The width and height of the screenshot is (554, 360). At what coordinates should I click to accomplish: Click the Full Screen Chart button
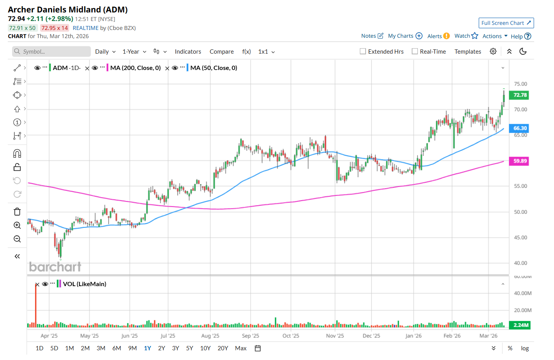click(x=506, y=23)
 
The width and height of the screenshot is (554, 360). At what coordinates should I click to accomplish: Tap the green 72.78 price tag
click(x=519, y=95)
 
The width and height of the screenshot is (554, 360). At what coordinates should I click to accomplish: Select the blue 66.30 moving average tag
click(x=519, y=128)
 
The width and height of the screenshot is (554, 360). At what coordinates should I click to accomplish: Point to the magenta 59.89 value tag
click(x=519, y=161)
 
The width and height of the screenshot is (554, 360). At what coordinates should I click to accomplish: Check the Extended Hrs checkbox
click(x=363, y=51)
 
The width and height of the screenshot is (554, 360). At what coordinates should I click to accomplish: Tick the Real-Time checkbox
click(x=415, y=51)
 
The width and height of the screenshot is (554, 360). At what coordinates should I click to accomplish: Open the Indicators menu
click(x=188, y=52)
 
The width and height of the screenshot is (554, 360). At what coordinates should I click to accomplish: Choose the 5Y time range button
click(x=189, y=348)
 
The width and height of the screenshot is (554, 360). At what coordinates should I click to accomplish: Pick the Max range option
click(x=241, y=348)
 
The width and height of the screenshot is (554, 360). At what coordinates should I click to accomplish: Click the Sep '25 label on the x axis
click(x=250, y=336)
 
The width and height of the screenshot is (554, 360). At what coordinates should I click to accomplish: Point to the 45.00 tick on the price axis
click(x=520, y=238)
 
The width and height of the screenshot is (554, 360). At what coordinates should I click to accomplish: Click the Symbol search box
click(x=52, y=51)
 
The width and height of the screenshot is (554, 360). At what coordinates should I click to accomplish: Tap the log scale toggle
click(x=525, y=348)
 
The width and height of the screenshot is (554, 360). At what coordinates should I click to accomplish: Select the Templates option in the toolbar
click(x=468, y=52)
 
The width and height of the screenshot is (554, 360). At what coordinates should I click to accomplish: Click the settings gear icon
click(x=493, y=51)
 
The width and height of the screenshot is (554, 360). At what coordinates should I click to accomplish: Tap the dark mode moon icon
click(x=523, y=51)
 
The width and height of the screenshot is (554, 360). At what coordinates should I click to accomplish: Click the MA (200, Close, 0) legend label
click(x=135, y=68)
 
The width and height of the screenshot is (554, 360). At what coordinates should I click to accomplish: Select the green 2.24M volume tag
click(x=520, y=325)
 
